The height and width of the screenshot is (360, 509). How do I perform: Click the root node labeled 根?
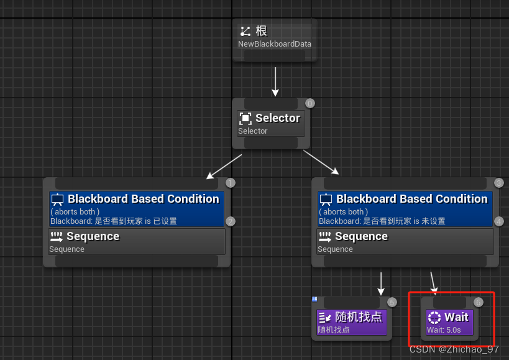point(274,31)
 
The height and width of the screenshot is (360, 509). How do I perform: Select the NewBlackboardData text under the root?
point(274,44)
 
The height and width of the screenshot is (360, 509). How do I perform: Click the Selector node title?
point(271,118)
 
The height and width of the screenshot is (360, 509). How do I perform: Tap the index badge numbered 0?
point(310,103)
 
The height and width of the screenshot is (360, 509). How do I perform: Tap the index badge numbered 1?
point(230,183)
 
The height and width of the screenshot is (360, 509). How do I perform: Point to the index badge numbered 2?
point(230,221)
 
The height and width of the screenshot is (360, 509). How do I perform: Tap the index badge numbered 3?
point(498,183)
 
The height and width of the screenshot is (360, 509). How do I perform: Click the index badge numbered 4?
point(498,221)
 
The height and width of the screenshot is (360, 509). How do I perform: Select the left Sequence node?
point(136,241)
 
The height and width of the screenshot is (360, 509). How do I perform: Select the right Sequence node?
point(405,241)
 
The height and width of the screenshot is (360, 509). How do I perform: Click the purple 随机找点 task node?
point(352,322)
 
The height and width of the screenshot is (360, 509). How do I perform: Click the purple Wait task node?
point(450,322)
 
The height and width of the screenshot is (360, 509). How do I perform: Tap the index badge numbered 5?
point(392,302)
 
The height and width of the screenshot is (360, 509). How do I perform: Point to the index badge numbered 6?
point(478,302)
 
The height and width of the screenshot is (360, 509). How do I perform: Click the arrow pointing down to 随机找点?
point(381,283)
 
